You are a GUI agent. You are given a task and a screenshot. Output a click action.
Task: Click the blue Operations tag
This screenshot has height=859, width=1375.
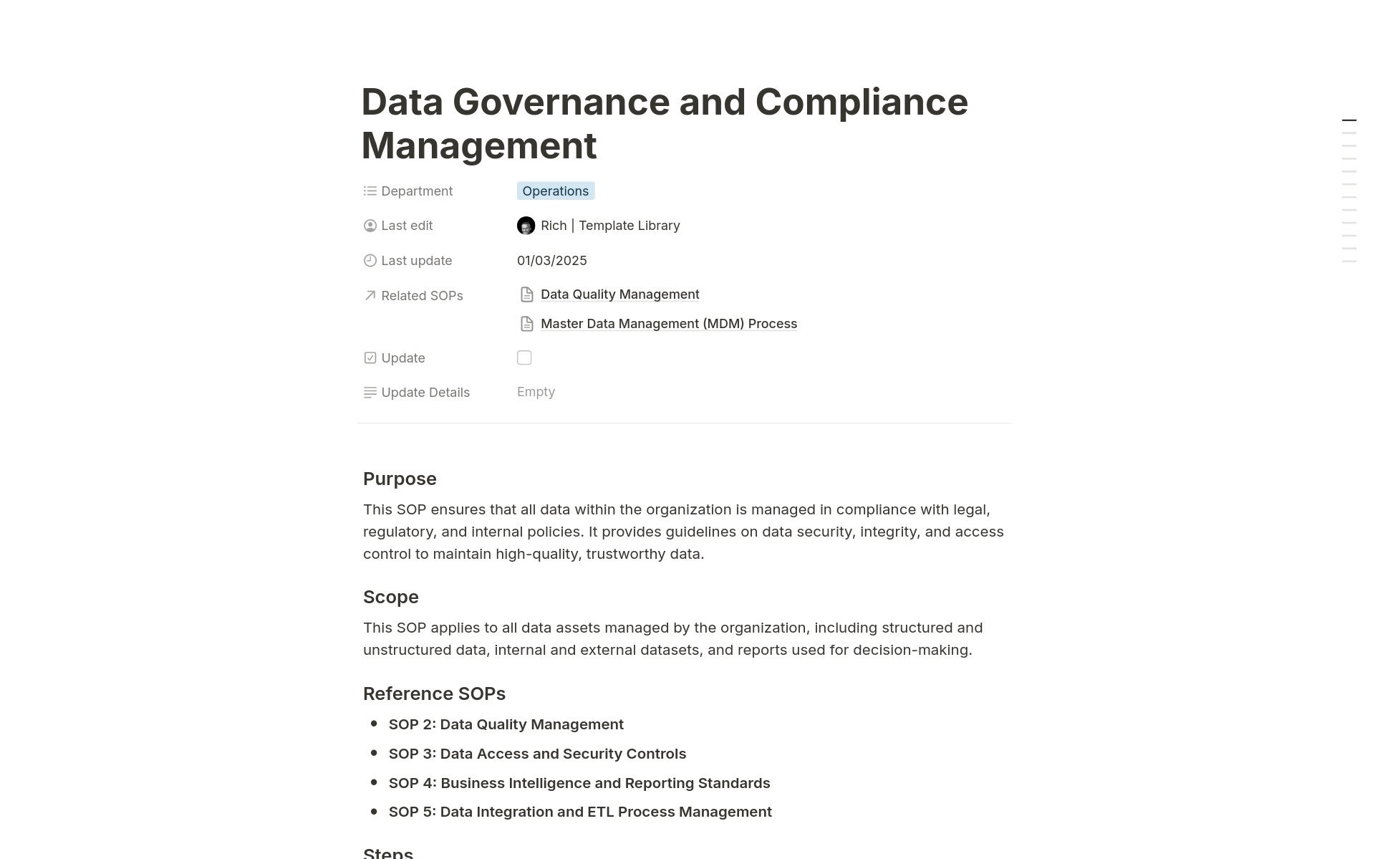555,191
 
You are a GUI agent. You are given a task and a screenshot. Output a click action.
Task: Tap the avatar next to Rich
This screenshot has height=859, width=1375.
526,226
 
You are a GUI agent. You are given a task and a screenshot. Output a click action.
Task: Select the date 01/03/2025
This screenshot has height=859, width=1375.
551,261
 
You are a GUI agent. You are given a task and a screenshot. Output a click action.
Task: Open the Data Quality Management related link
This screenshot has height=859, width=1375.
619,294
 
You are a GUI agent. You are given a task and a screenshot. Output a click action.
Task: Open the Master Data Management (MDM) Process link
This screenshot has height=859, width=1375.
668,324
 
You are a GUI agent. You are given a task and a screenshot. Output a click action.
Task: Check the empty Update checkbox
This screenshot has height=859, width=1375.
524,357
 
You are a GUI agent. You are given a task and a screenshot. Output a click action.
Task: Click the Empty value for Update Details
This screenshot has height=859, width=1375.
536,392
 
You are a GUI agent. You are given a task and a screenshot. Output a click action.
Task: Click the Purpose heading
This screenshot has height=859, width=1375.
400,479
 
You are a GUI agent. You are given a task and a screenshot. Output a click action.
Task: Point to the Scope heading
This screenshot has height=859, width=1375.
390,597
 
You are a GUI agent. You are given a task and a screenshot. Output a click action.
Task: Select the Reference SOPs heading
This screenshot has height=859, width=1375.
434,694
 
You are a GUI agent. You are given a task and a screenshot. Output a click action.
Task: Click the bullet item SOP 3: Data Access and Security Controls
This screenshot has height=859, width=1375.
537,754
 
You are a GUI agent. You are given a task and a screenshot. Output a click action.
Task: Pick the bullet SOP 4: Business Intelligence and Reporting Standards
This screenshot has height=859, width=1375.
579,783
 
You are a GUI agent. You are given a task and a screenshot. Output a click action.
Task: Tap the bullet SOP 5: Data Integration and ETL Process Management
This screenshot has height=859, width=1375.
580,812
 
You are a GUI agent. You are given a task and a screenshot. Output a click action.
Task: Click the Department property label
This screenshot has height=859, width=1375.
417,191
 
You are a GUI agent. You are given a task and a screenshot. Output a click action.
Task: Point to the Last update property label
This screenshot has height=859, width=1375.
416,261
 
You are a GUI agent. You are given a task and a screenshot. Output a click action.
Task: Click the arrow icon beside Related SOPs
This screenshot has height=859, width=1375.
370,295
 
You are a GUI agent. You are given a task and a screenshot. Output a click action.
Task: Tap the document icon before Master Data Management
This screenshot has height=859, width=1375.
527,324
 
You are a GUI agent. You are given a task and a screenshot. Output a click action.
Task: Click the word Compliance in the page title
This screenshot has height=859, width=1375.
862,102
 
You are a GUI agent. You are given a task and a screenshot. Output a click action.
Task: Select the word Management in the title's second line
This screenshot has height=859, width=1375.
478,145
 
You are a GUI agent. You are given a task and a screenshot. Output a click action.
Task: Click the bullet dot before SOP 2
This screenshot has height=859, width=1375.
374,724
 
